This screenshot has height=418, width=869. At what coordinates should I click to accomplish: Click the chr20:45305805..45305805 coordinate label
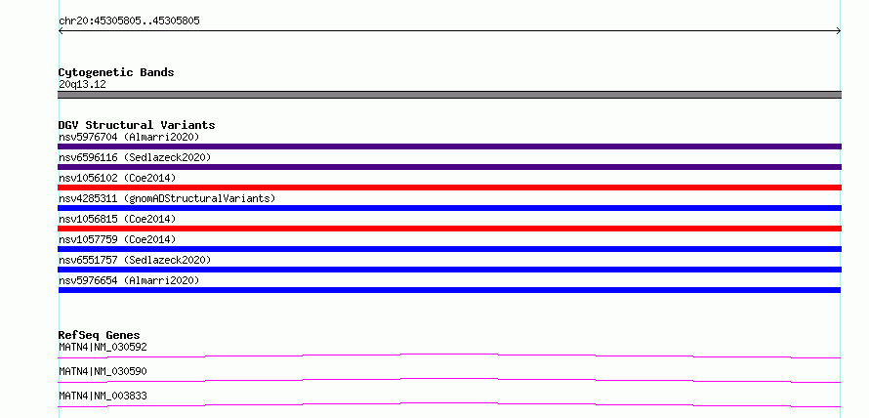[129, 21]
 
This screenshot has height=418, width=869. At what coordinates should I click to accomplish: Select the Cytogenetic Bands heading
[116, 72]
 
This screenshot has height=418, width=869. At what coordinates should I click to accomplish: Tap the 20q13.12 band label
[82, 85]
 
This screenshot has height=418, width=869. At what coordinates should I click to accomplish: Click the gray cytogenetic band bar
[449, 95]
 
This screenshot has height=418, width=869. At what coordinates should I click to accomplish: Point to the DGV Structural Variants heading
[137, 125]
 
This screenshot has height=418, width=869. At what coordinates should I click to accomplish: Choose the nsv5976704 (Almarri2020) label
[129, 137]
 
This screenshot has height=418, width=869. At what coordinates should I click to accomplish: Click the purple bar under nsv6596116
[449, 167]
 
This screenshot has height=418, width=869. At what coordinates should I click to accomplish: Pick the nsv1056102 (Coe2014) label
[117, 178]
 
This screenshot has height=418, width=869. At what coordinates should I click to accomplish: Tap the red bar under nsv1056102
[449, 188]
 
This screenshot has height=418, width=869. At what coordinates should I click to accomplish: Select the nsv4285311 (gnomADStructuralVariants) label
[167, 198]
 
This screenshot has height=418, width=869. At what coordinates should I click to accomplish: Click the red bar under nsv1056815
[449, 229]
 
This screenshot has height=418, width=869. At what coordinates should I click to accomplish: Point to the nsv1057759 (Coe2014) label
[117, 239]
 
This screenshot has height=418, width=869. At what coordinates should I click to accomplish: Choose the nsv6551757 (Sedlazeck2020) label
[135, 260]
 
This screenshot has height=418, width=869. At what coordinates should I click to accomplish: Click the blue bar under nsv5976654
[449, 290]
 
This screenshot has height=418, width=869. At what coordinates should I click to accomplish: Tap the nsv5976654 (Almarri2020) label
[129, 280]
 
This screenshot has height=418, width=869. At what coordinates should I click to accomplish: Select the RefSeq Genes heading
[100, 335]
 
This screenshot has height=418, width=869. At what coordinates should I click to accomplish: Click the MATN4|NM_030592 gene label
[103, 348]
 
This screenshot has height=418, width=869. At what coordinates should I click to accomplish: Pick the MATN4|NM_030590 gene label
[103, 371]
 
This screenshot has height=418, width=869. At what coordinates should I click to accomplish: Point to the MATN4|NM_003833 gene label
[103, 397]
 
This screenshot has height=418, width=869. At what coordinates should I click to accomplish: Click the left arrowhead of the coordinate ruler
[60, 31]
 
